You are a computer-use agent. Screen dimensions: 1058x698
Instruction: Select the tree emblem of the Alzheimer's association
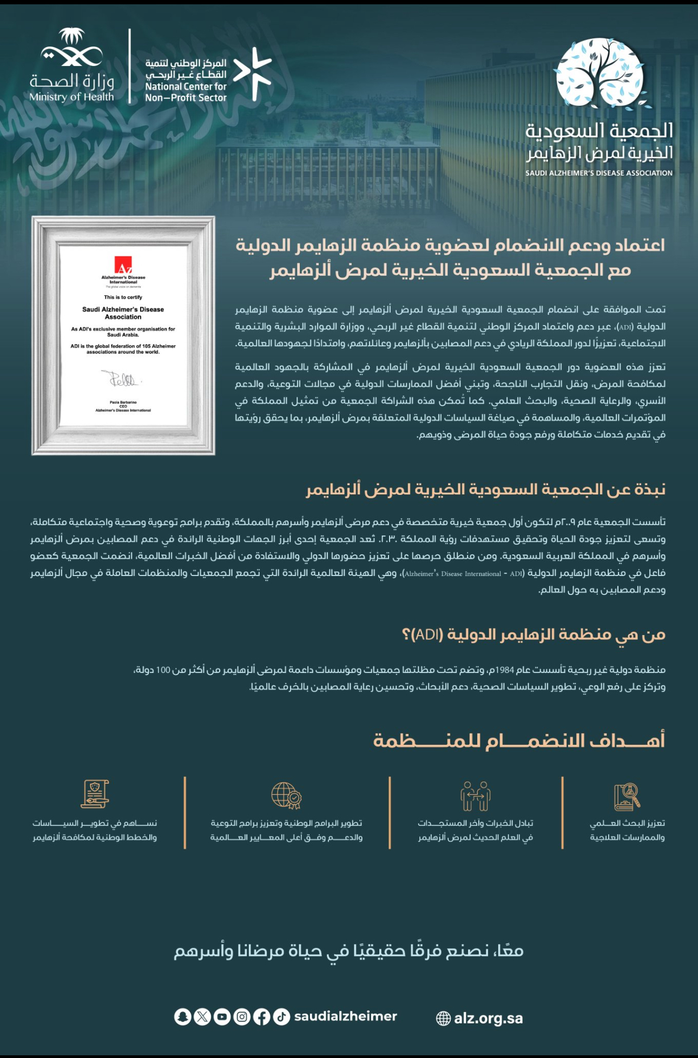point(601,73)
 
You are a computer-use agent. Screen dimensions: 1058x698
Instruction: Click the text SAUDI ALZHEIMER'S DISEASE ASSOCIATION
point(598,173)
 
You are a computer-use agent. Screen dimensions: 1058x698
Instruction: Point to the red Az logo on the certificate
point(123,266)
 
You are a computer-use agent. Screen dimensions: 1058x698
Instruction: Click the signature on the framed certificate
point(123,379)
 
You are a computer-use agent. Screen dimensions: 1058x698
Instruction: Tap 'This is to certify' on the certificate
point(123,297)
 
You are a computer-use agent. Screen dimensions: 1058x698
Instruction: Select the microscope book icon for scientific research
point(627,796)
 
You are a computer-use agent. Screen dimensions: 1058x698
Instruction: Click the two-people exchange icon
point(475,796)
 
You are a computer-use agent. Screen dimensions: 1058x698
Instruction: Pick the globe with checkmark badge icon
point(286,796)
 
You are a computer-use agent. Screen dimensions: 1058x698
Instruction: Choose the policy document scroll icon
point(95,794)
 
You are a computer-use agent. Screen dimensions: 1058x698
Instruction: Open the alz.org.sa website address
point(488,1019)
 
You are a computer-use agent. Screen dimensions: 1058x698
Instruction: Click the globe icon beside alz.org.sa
point(443,1019)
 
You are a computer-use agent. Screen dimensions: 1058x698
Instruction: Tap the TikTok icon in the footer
point(281,1017)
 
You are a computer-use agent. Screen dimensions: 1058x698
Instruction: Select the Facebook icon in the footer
point(261,1017)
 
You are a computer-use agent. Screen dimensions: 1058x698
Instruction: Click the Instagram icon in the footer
point(242,1017)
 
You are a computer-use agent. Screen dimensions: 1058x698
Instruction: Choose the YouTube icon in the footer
point(222,1017)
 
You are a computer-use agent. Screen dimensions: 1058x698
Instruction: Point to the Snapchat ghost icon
point(182,1017)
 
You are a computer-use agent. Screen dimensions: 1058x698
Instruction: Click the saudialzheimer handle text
point(345,1016)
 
